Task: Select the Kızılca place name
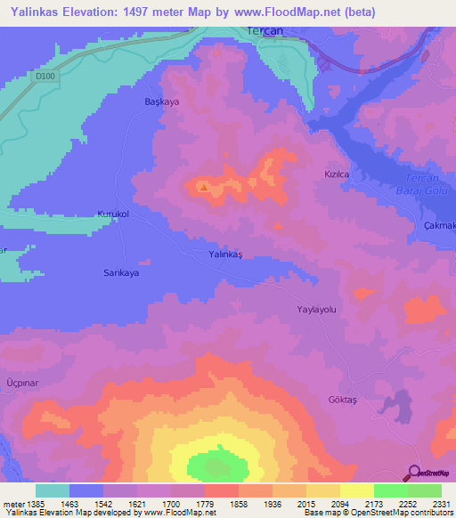coord(335,175)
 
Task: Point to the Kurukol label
coord(113,214)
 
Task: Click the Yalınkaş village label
coord(225,255)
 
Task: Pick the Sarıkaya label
coord(121,273)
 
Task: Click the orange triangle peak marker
coord(205,187)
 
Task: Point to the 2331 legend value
coord(429,505)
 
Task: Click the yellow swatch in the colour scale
coord(356,490)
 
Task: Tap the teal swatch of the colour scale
coord(53,490)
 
